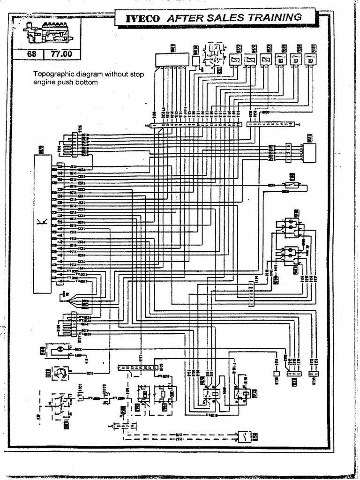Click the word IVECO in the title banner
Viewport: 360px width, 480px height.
142,18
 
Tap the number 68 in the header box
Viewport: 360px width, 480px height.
32,54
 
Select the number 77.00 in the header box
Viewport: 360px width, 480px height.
61,54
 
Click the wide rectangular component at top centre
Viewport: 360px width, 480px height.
172,60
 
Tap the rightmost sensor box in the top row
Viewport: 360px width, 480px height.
310,59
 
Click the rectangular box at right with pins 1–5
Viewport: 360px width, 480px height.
309,153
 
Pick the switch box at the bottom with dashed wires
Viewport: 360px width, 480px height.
244,436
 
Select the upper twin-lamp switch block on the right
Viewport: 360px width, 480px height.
290,226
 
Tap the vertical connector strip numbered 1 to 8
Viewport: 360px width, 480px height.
252,293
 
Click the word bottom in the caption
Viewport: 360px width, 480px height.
87,82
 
